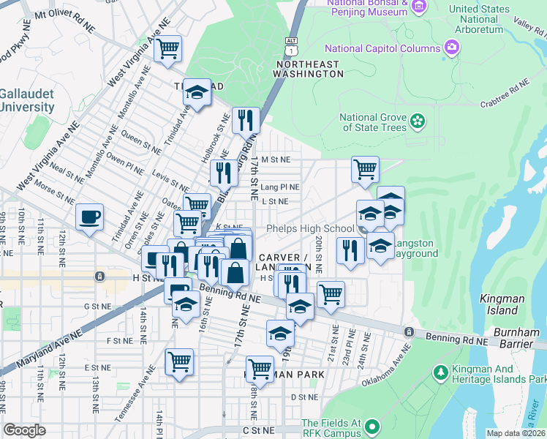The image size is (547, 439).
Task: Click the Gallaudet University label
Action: [27, 100]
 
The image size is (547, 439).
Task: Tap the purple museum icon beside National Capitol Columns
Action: [453, 48]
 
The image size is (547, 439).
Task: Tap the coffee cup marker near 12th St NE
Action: [90, 217]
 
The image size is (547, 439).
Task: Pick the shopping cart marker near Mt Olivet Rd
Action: [169, 50]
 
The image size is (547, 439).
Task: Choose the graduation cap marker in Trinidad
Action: [197, 92]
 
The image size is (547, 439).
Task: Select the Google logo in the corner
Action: [24, 431]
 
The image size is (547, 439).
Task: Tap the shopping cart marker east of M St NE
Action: [365, 170]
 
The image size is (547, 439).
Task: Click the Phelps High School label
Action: [310, 228]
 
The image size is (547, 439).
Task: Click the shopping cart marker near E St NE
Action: [180, 361]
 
